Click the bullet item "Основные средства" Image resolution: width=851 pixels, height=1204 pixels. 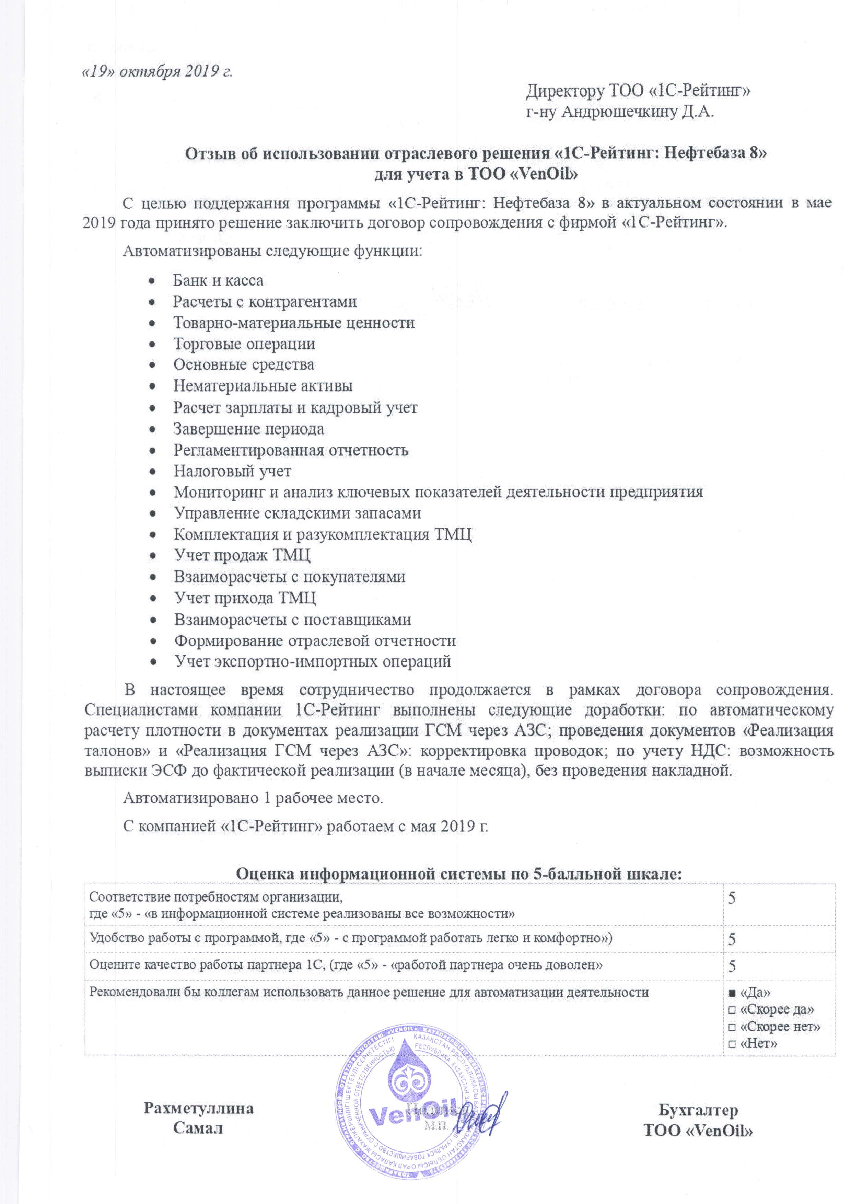click(x=244, y=365)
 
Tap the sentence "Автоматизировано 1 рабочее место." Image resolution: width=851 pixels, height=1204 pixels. click(x=253, y=799)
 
